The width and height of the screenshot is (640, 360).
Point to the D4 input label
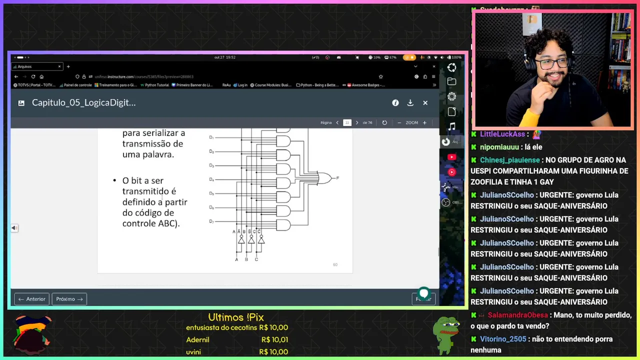211,179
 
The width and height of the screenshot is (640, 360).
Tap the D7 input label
211,221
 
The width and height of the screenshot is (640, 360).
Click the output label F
337,178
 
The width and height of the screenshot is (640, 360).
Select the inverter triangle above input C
260,240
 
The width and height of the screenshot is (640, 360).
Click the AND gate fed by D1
283,141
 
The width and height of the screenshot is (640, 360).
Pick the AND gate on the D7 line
283,225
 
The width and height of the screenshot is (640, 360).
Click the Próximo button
69,299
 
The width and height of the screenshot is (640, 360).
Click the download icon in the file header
410,102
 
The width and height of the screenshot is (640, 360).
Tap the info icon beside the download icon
395,102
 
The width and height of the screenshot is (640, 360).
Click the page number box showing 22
347,122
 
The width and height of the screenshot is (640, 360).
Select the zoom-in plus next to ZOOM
424,122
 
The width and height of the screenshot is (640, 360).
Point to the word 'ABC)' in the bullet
168,223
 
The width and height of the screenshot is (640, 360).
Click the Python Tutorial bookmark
156,85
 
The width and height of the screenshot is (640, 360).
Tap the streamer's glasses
554,63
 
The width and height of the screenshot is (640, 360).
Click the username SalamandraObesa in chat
517,315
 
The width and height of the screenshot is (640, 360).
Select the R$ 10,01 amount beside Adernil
274,340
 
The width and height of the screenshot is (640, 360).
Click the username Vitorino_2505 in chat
503,339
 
